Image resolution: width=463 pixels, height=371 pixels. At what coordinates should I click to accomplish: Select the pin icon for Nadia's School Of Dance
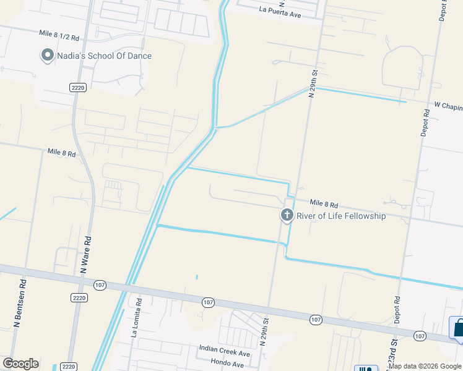coord(47,56)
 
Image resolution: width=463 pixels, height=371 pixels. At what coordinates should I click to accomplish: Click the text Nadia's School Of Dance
coord(104,56)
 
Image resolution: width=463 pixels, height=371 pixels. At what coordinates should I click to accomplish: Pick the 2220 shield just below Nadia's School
coord(77,88)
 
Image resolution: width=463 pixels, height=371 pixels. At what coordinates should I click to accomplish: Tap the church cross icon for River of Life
coord(287,215)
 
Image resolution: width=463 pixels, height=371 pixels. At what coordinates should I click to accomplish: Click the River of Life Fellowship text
coord(341,216)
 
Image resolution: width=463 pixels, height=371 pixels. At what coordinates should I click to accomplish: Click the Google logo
coord(20,364)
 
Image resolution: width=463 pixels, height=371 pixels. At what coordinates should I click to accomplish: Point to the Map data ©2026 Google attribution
coord(425,366)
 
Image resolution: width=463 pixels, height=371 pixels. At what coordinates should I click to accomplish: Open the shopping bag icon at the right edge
coord(458,328)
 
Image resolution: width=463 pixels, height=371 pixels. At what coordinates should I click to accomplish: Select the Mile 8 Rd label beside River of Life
coord(324,204)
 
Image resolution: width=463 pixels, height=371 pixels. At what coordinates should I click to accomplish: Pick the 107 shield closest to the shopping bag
coord(421,336)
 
